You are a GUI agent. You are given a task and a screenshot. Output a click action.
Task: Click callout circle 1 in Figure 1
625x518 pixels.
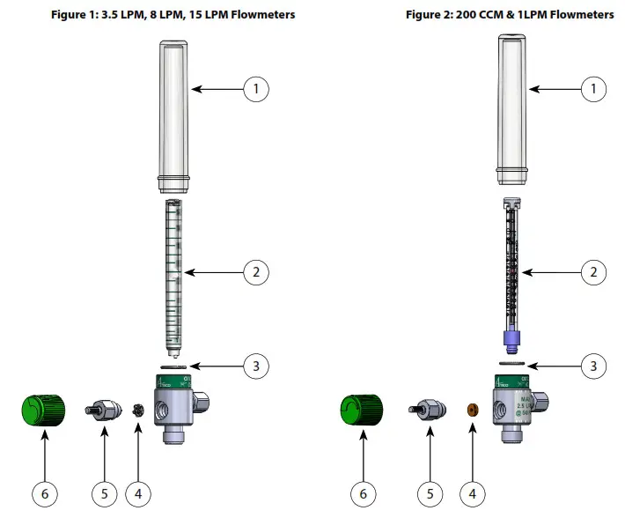[x=255, y=88]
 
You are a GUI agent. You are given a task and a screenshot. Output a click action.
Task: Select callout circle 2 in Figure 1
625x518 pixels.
[x=255, y=272]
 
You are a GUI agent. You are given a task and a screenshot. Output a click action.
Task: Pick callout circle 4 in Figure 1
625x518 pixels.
[x=137, y=494]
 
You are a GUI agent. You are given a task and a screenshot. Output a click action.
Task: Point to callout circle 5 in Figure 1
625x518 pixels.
[x=104, y=494]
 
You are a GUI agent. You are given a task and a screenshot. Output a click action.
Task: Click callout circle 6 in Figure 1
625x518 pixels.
[x=43, y=494]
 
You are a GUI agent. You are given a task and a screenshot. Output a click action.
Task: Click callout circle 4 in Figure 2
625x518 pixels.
[x=472, y=494]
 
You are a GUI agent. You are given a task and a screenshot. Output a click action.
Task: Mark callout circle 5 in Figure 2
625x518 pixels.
[x=430, y=494]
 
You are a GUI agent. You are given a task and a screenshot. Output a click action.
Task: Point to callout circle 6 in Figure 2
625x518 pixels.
[x=363, y=494]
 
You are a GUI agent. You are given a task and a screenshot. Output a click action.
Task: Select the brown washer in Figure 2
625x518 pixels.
[x=473, y=411]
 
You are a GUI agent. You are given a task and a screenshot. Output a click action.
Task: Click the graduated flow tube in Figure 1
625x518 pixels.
[x=173, y=273]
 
